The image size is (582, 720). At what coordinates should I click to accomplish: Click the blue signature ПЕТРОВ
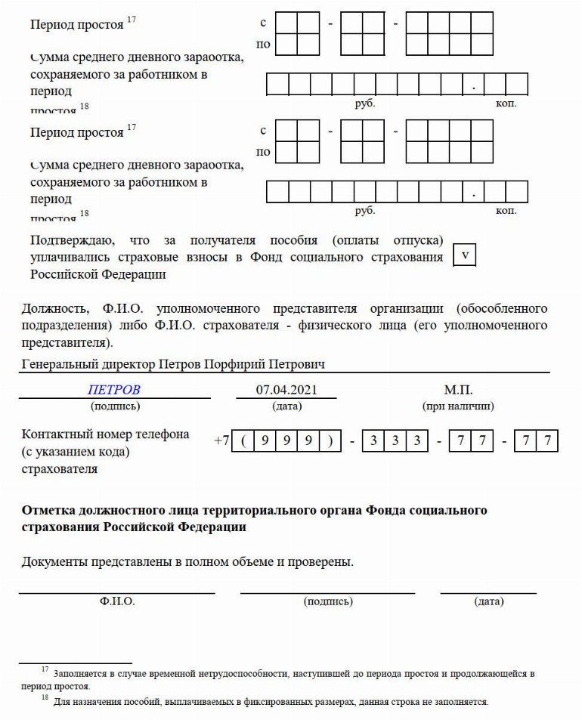114,390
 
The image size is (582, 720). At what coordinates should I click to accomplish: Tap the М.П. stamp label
458,390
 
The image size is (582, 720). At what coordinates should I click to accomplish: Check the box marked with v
464,255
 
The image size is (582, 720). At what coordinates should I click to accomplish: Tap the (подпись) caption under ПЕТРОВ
115,406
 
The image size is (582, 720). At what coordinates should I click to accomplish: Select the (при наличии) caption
458,406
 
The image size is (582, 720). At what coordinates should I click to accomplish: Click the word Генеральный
60,365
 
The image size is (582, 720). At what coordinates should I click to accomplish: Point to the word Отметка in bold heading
50,511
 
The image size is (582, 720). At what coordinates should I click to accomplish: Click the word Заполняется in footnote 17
80,672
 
